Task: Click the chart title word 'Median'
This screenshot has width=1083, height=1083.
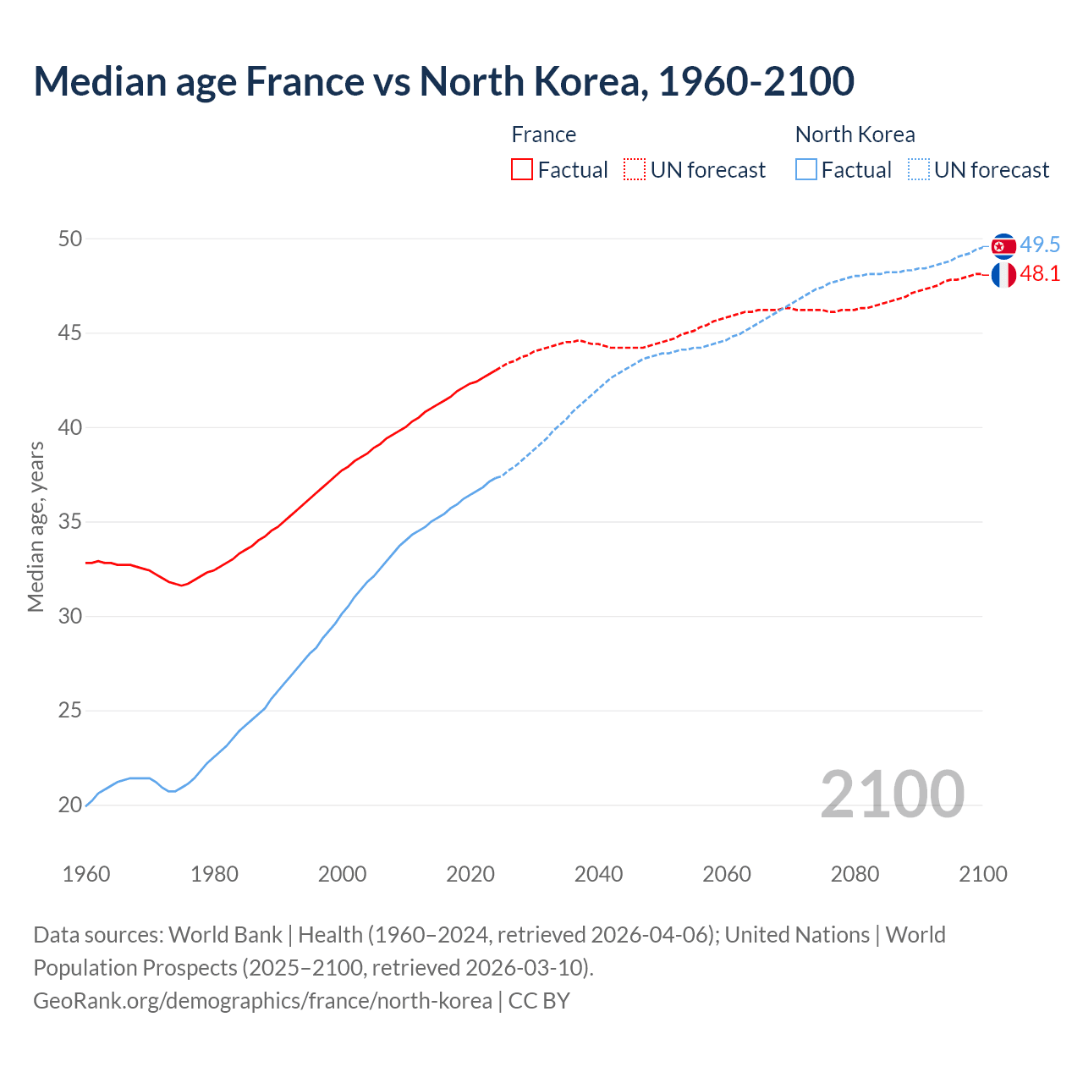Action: [x=92, y=82]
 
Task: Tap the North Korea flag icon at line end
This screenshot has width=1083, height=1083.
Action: [x=1003, y=246]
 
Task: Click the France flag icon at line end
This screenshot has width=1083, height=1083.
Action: [x=1003, y=275]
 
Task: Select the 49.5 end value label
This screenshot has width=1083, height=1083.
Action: [x=1040, y=245]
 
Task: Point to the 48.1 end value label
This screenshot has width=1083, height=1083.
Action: [x=1040, y=274]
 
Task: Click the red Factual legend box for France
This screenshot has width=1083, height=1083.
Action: [x=522, y=169]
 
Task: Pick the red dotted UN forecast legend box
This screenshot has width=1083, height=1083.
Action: [x=635, y=169]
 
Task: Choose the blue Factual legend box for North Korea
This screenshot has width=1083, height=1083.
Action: [x=806, y=169]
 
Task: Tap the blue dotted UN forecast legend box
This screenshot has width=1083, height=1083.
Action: [x=919, y=169]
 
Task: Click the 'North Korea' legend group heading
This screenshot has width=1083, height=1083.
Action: [x=855, y=135]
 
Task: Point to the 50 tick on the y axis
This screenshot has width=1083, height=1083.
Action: [x=69, y=239]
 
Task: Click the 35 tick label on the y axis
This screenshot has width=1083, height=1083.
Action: [x=69, y=522]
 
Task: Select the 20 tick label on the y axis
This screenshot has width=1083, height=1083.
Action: [x=69, y=805]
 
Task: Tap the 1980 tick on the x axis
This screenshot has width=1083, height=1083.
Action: [x=214, y=874]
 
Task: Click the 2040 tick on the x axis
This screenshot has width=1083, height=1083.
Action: [x=598, y=874]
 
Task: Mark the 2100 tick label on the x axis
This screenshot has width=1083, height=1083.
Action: [x=982, y=874]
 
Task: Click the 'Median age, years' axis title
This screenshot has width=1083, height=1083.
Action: [x=36, y=526]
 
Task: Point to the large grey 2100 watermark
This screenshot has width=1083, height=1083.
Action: [x=892, y=794]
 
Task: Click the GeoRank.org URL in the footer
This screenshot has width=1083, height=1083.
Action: [x=262, y=1001]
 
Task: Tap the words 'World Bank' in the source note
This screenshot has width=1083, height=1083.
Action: [x=225, y=935]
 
